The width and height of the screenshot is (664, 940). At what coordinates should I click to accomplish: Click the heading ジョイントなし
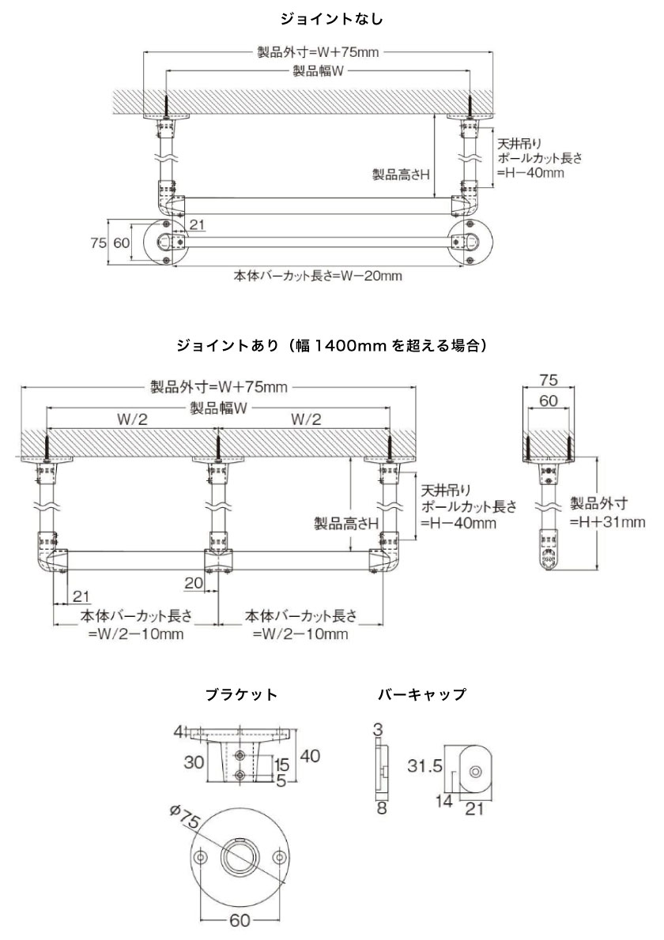(x=331, y=19)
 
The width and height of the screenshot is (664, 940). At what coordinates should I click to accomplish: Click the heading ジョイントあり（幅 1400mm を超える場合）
(x=331, y=346)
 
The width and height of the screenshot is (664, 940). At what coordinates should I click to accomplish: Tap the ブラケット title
(x=241, y=695)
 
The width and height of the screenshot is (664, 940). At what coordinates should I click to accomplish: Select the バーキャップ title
(x=422, y=695)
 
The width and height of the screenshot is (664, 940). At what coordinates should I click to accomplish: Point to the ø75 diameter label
(x=183, y=819)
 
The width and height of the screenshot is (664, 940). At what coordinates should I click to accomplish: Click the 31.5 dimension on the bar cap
(x=424, y=765)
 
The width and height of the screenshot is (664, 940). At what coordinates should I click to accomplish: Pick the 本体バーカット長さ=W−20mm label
(x=317, y=276)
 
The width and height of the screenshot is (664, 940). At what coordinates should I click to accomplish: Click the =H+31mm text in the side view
(x=607, y=521)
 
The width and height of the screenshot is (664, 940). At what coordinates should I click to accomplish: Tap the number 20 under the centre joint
(x=194, y=583)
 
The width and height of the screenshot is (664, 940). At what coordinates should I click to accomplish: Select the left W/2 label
(x=132, y=419)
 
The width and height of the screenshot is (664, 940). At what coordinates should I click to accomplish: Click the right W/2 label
(x=306, y=419)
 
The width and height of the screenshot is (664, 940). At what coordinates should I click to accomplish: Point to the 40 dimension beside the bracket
(x=310, y=756)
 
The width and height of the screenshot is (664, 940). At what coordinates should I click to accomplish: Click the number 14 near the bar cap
(x=444, y=800)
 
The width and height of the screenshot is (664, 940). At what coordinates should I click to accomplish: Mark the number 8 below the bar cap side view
(x=382, y=808)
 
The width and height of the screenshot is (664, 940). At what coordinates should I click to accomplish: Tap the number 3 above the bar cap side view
(x=378, y=730)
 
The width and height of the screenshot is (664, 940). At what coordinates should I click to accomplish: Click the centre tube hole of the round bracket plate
(x=240, y=857)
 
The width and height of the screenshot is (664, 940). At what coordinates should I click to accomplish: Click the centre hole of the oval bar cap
(x=475, y=771)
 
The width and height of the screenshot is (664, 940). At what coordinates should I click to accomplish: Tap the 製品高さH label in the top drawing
(x=402, y=175)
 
